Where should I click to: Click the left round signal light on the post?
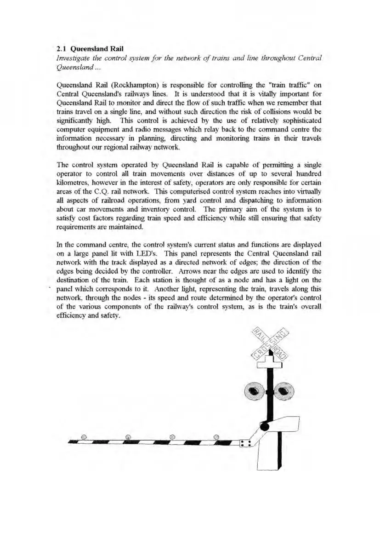coord(252,392)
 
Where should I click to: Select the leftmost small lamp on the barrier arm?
coord(84,436)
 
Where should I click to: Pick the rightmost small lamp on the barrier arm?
coord(216,436)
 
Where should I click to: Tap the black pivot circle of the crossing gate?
coord(264,427)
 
